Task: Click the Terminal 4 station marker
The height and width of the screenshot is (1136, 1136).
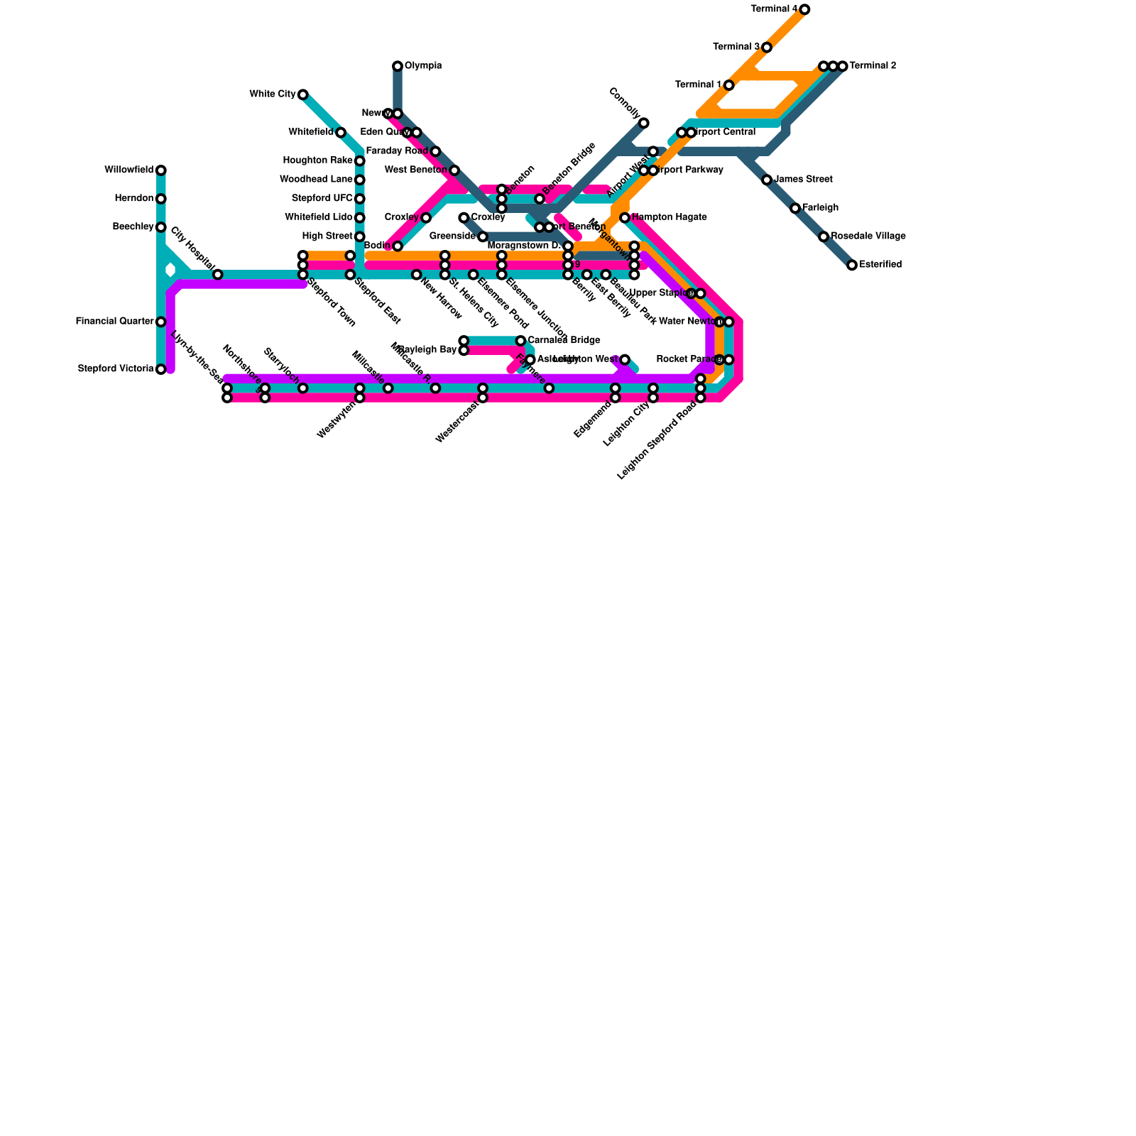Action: coord(804,9)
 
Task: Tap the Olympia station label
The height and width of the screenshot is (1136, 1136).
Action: coord(423,66)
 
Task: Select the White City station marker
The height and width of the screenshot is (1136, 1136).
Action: coord(302,94)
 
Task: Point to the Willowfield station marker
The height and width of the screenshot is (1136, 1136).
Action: coord(161,170)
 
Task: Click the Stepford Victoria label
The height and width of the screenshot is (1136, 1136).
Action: coord(115,369)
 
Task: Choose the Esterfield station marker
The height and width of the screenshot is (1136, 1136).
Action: coord(852,266)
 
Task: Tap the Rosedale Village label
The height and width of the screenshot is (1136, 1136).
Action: coord(868,236)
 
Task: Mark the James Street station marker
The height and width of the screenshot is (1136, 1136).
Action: coord(767,180)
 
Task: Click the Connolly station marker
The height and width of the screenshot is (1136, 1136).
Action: coord(643,123)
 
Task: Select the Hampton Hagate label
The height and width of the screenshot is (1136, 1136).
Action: coord(669,217)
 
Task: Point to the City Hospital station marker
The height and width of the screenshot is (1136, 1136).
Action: coord(218,275)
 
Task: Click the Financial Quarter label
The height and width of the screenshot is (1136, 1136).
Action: coord(114,322)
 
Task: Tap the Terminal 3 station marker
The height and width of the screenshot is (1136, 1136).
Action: coord(767,48)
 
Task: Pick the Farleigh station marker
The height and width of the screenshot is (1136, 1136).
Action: coord(795,208)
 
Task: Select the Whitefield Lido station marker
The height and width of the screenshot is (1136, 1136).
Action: coord(360,218)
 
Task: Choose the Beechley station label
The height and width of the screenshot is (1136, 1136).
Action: coord(133,227)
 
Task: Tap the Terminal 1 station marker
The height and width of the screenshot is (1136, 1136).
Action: coord(728,85)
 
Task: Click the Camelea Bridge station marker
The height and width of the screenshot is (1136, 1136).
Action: coord(520,341)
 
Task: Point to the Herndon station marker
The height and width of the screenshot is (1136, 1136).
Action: coord(161,199)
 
